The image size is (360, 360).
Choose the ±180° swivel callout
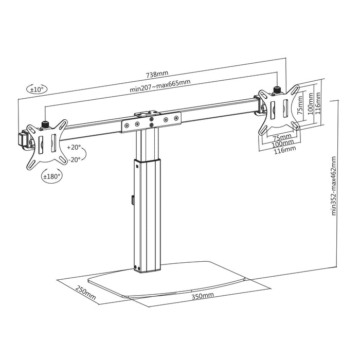(x=51, y=176)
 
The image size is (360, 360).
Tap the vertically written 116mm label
(x=318, y=103)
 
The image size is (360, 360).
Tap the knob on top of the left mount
(x=44, y=124)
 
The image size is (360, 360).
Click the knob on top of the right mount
(x=278, y=90)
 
